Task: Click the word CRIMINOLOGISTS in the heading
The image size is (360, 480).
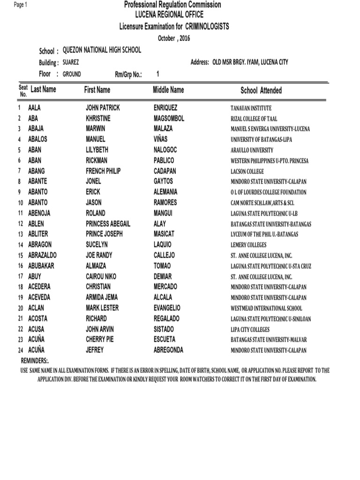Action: [208, 27]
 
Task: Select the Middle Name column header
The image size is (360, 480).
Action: [168, 90]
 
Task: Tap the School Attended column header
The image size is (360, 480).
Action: [261, 90]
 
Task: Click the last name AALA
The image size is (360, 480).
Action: [35, 108]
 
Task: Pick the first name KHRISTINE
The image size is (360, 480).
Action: [98, 119]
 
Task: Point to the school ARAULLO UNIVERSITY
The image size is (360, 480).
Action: [252, 150]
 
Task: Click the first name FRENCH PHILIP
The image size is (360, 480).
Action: [103, 171]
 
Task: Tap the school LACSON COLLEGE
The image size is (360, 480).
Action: [247, 172]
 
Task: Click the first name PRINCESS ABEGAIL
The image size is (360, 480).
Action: [108, 224]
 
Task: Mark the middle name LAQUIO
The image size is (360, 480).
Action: [163, 245]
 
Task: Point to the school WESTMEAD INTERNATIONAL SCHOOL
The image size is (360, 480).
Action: [266, 308]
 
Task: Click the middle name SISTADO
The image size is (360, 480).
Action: [164, 329]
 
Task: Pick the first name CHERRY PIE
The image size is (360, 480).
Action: [100, 339]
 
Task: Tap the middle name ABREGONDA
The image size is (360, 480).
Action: [168, 350]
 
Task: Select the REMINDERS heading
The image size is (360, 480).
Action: [35, 361]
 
